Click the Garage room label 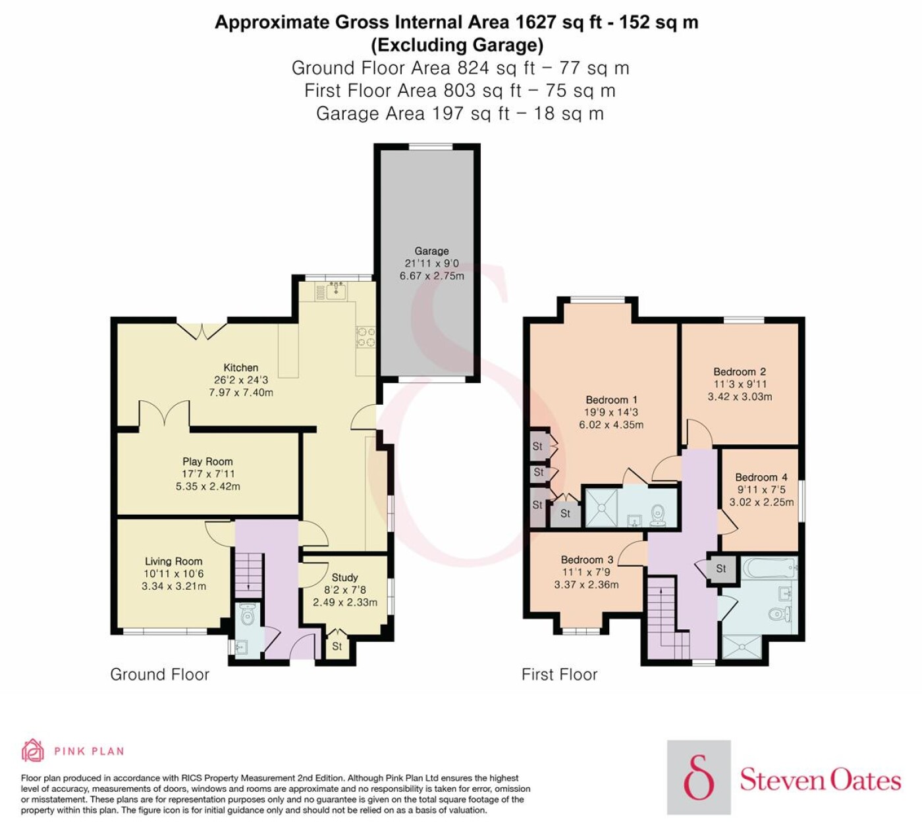click(x=431, y=251)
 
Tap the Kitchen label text click(x=241, y=368)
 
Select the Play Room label click(x=207, y=461)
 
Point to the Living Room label click(x=174, y=561)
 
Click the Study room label click(x=344, y=578)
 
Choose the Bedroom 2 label click(x=740, y=372)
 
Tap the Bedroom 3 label click(x=587, y=560)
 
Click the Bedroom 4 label click(x=761, y=477)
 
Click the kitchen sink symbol click(x=337, y=290)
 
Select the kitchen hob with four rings click(x=366, y=336)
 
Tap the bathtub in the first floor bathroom click(x=767, y=569)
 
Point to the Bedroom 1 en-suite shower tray click(x=602, y=508)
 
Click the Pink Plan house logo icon click(x=33, y=751)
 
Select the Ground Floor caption click(x=160, y=674)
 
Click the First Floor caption click(x=559, y=674)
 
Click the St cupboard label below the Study click(x=337, y=646)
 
